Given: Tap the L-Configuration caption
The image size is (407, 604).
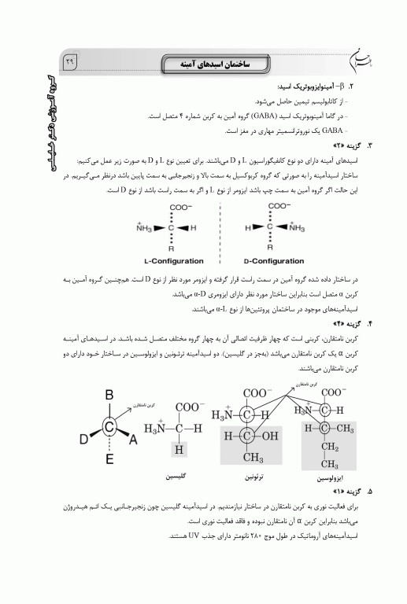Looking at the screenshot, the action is pyautogui.click(x=173, y=260).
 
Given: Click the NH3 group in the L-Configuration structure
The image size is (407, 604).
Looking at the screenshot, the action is pyautogui.click(x=145, y=227).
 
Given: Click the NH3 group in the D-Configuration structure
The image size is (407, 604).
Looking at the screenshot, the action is pyautogui.click(x=296, y=227).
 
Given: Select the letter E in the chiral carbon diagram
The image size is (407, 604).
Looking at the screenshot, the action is pyautogui.click(x=110, y=459).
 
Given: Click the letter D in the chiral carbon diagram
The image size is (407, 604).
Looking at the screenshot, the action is pyautogui.click(x=83, y=440).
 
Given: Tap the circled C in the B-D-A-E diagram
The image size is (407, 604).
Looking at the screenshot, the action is pyautogui.click(x=110, y=427).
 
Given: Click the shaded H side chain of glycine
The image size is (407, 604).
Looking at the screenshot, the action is pyautogui.click(x=179, y=449).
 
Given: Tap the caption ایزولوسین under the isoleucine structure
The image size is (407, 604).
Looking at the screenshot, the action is pyautogui.click(x=330, y=478).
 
